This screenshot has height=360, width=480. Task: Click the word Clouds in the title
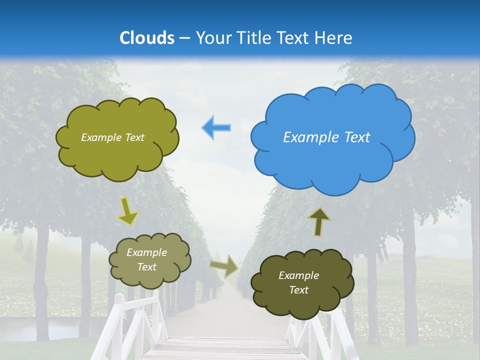pyautogui.click(x=147, y=38)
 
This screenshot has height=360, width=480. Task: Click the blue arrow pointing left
pyautogui.click(x=216, y=128)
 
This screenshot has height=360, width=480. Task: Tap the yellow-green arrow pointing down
pyautogui.click(x=127, y=211)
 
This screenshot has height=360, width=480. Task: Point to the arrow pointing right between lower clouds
pyautogui.click(x=224, y=266)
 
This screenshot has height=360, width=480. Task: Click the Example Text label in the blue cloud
pyautogui.click(x=326, y=137)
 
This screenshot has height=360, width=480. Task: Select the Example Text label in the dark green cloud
pyautogui.click(x=298, y=282)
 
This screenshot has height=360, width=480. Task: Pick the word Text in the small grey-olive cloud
pyautogui.click(x=146, y=267)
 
